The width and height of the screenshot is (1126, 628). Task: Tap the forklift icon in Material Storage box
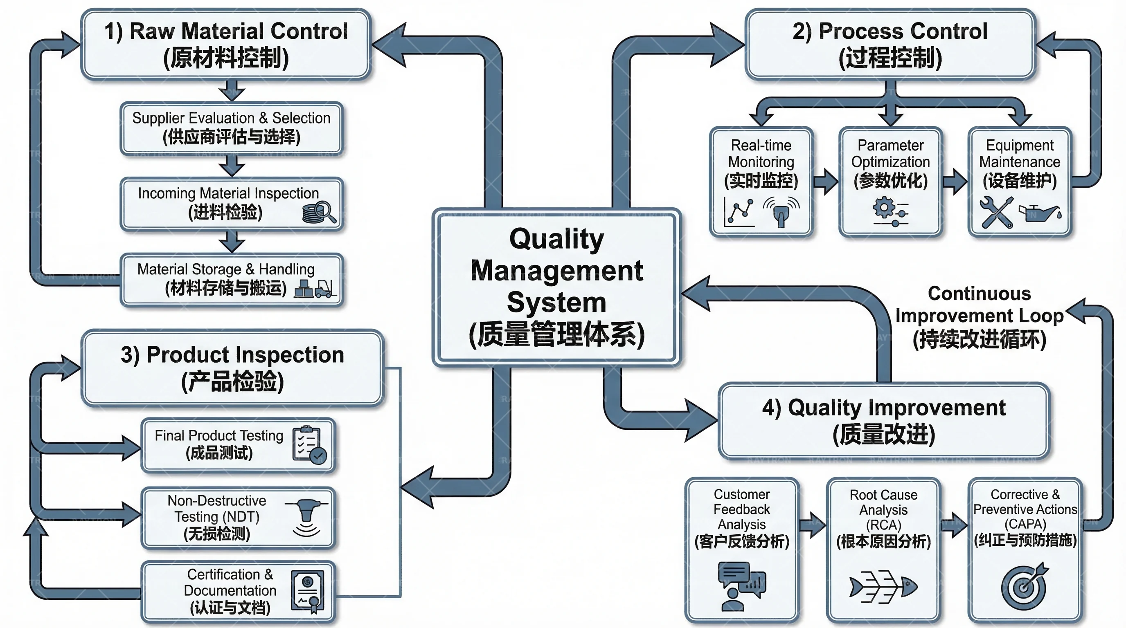324,288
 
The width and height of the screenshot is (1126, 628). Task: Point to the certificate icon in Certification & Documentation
308,591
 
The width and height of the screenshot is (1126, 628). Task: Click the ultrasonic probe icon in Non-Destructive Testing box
306,518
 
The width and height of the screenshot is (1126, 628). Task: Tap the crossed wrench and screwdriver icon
997,212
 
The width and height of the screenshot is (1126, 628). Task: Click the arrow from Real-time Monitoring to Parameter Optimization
826,181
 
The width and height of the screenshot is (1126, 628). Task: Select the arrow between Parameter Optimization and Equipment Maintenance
955,181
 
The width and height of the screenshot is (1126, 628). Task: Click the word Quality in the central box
556,239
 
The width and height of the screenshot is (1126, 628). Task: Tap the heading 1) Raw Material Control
226,31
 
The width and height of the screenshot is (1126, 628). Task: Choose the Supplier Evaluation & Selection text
231,118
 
